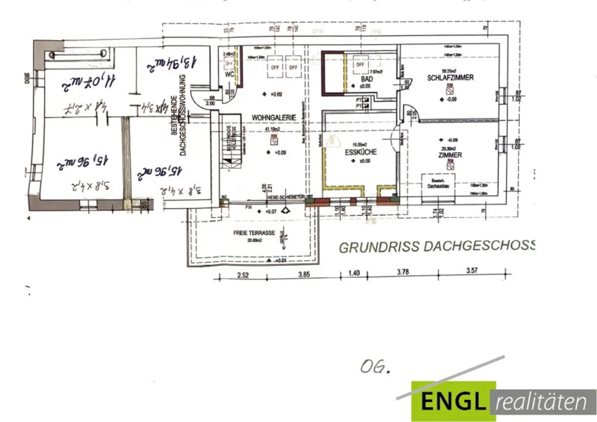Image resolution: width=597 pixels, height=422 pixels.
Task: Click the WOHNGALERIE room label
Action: click(x=274, y=117)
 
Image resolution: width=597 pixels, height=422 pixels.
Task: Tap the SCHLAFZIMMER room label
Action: click(x=450, y=78)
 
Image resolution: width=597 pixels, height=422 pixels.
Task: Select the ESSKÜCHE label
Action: click(x=361, y=152)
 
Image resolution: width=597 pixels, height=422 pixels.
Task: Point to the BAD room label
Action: click(x=367, y=79)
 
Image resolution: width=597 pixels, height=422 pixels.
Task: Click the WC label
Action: click(x=229, y=74)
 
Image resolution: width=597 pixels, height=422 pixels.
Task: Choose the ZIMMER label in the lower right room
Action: click(x=450, y=155)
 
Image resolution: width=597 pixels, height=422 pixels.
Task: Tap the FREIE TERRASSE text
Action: click(x=254, y=233)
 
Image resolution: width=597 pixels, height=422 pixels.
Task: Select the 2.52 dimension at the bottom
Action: click(x=243, y=275)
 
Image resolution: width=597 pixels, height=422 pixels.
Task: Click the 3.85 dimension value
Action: click(x=304, y=274)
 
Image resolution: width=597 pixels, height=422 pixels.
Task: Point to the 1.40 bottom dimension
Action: click(x=354, y=273)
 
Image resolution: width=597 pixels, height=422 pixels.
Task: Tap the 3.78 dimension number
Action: click(x=403, y=272)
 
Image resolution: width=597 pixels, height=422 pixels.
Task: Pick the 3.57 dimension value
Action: click(x=472, y=270)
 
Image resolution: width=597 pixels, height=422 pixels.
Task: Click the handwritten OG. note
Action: click(x=375, y=366)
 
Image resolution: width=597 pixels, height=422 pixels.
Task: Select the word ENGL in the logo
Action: click(x=453, y=401)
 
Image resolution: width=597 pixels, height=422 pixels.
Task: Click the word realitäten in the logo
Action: click(x=541, y=402)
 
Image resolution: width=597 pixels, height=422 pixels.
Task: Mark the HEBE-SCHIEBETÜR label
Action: click(x=286, y=198)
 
